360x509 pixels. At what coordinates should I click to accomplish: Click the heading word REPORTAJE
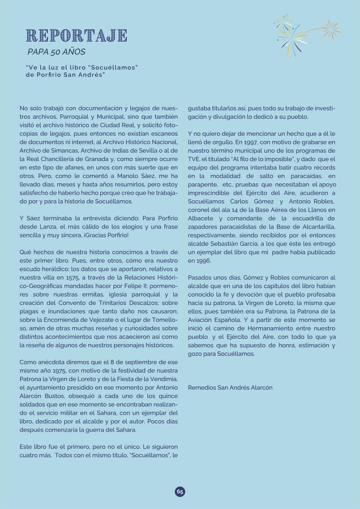click(76, 36)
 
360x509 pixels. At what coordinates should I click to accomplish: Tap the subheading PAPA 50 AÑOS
click(56, 52)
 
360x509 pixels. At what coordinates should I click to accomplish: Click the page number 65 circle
click(180, 491)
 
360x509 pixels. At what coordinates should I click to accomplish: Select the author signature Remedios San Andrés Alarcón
click(230, 387)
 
